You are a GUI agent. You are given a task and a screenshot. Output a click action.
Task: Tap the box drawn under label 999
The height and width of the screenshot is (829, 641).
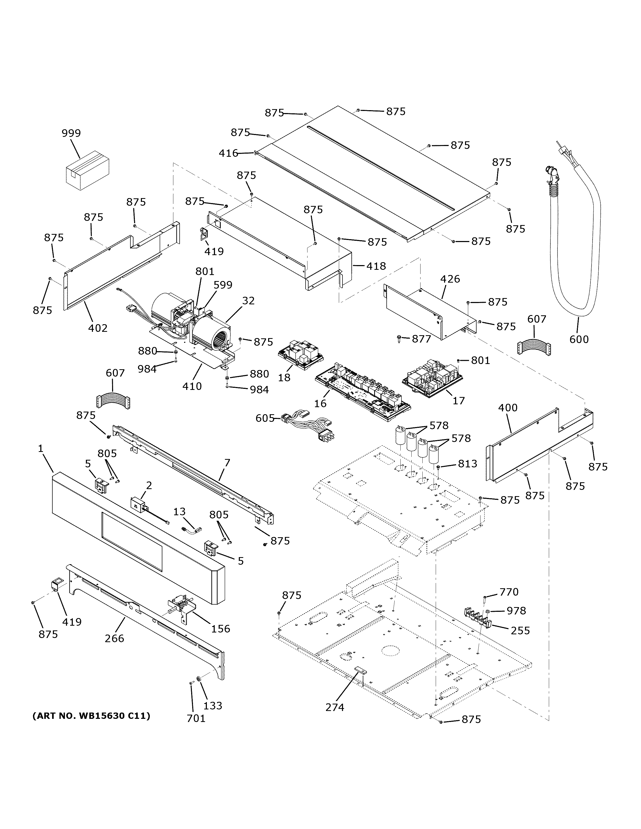[x=87, y=170]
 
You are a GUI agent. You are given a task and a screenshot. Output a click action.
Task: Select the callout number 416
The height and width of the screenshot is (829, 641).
[x=228, y=153]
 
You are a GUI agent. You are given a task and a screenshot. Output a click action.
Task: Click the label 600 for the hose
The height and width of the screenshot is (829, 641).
[x=579, y=339]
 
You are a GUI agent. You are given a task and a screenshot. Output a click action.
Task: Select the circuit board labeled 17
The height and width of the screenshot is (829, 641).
[x=433, y=377]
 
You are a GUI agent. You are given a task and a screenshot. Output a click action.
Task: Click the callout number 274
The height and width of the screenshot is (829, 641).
[x=335, y=707]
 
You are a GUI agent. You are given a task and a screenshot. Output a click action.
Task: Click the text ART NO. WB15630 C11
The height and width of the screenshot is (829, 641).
[x=91, y=716]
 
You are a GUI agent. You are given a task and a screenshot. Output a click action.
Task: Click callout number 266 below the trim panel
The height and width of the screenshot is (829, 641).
[x=114, y=638]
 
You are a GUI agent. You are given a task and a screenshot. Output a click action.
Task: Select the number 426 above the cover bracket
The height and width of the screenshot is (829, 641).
[x=450, y=279]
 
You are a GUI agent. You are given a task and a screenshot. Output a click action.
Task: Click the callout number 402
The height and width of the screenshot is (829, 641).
[x=98, y=328]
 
